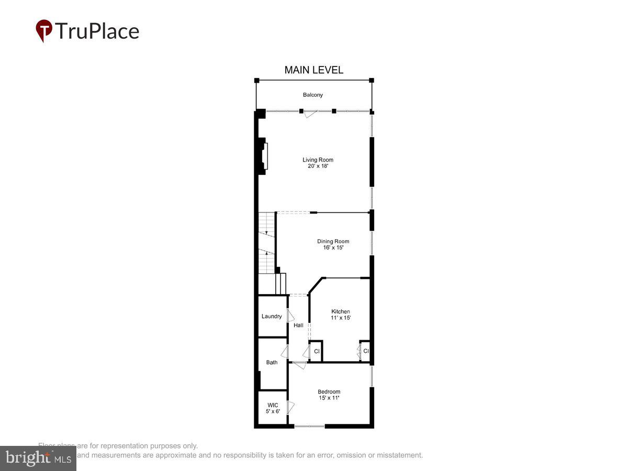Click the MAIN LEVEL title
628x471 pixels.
point(313,70)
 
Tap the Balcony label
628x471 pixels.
point(313,95)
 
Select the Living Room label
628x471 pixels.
point(318,160)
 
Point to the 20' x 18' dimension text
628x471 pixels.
point(318,166)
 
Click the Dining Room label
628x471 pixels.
point(333,242)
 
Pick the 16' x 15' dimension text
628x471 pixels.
point(333,248)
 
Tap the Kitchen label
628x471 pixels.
point(340,312)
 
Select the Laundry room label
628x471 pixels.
point(272,317)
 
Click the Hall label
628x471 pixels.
point(298,326)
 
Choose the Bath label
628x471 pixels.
point(272,363)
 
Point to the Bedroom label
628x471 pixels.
point(329,392)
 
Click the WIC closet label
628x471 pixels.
point(273,405)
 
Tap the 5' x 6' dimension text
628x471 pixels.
point(273,411)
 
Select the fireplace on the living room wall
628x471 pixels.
point(265,155)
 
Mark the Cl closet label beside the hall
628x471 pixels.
point(317,351)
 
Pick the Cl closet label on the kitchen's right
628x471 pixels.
point(366,351)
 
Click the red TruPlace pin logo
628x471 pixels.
point(44,30)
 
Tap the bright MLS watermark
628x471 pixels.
point(38,458)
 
